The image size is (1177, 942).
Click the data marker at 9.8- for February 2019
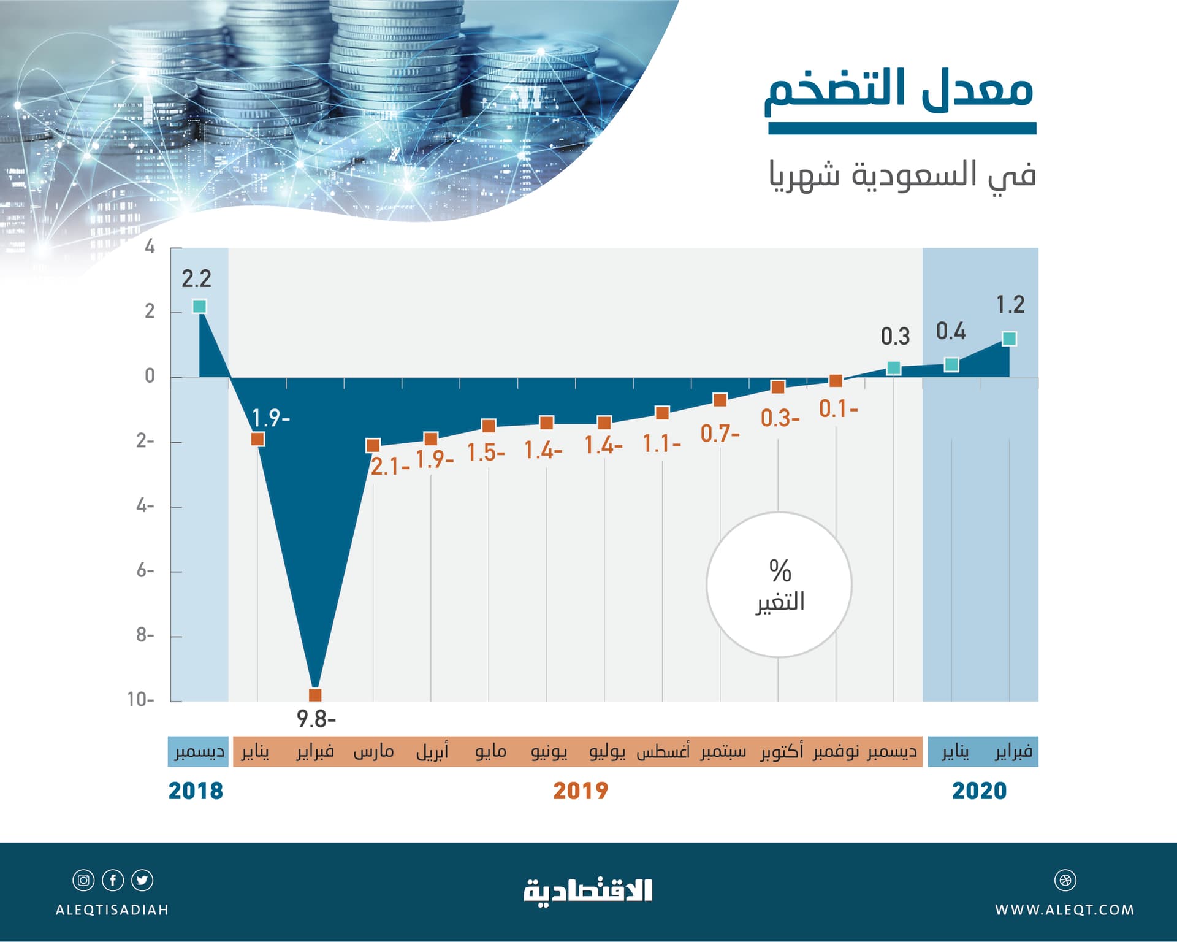(x=315, y=695)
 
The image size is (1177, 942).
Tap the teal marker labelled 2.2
(x=199, y=306)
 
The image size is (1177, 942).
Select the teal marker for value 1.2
(x=1009, y=339)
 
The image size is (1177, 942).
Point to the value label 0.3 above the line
(x=895, y=337)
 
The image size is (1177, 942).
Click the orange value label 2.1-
(x=390, y=467)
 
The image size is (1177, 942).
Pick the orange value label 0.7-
(x=720, y=434)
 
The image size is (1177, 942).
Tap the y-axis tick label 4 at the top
(x=150, y=247)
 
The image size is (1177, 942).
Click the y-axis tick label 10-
(x=141, y=700)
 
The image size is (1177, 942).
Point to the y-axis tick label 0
(x=150, y=376)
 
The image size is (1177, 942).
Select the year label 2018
(x=196, y=791)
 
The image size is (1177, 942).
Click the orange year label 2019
(x=581, y=791)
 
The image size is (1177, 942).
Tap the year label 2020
(x=980, y=791)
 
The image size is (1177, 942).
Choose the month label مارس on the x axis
(x=373, y=751)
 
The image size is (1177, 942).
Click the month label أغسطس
(x=663, y=751)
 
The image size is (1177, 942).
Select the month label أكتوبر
(x=782, y=751)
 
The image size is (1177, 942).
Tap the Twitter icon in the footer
(x=142, y=881)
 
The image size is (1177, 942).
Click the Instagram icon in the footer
(x=83, y=881)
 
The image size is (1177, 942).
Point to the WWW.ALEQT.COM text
(x=1065, y=910)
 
